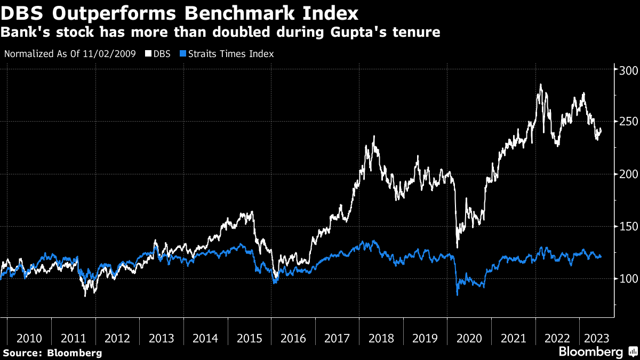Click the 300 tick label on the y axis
coord(628,70)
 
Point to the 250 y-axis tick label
coord(628,122)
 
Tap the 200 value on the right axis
coord(628,174)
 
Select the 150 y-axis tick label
coord(628,227)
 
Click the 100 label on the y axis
coord(628,278)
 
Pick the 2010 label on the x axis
coord(29,339)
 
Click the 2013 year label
coord(162,339)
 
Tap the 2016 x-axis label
coord(293,339)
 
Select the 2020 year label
coord(469,339)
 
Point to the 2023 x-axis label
coord(597,339)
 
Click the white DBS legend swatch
coord(148,54)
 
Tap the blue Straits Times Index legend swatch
coord(183,54)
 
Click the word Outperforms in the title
coord(114,14)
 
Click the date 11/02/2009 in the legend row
coord(109,54)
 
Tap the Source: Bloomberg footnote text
coord(53,353)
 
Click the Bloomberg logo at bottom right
coord(598,351)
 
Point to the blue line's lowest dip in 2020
coord(458,295)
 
